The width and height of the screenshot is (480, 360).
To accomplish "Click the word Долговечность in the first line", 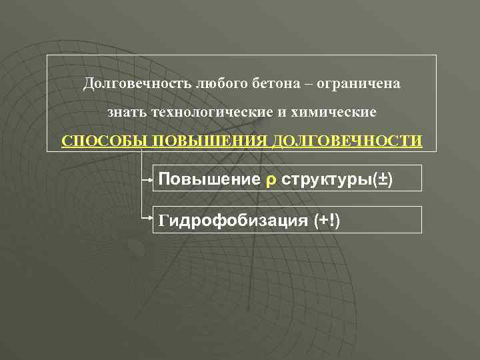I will [137, 85].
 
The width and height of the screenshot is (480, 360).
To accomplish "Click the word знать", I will [128, 113].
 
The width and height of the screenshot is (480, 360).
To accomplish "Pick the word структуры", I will [327, 180].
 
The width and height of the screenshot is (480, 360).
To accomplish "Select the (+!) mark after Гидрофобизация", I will [327, 221].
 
